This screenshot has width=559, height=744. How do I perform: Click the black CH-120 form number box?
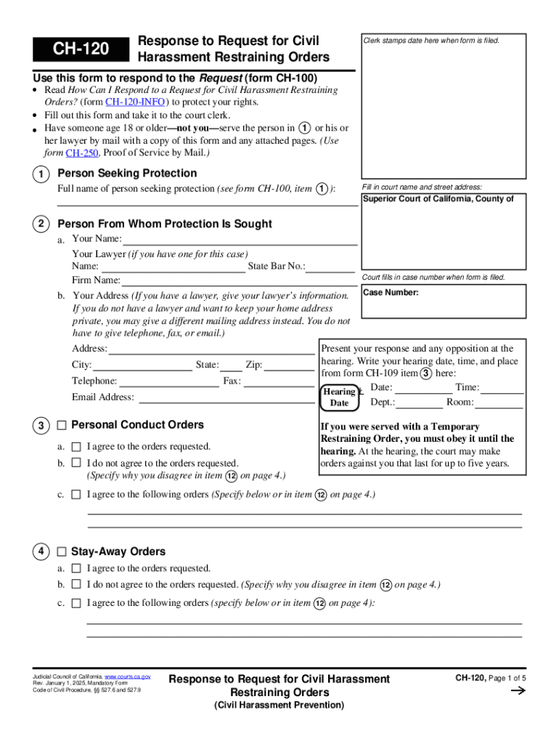click(x=80, y=49)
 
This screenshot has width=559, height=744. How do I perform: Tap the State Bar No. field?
click(x=330, y=267)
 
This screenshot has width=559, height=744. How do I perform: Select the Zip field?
click(x=290, y=365)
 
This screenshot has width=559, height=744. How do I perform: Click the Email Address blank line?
click(x=226, y=397)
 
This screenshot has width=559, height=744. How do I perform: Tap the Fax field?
click(x=279, y=381)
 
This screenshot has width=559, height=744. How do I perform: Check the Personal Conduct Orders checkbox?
click(x=62, y=425)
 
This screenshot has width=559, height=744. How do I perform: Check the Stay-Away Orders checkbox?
click(x=62, y=552)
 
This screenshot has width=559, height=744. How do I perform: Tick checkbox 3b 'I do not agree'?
click(x=76, y=463)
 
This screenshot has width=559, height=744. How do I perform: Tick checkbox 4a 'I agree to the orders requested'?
click(x=76, y=569)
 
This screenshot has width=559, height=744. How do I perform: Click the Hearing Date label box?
click(x=339, y=397)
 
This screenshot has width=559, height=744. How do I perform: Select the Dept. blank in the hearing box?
click(x=419, y=403)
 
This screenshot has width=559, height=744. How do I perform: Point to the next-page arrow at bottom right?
click(x=518, y=692)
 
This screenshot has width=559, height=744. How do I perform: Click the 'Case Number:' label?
click(x=391, y=293)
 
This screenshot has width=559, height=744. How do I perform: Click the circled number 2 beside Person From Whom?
click(x=41, y=225)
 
